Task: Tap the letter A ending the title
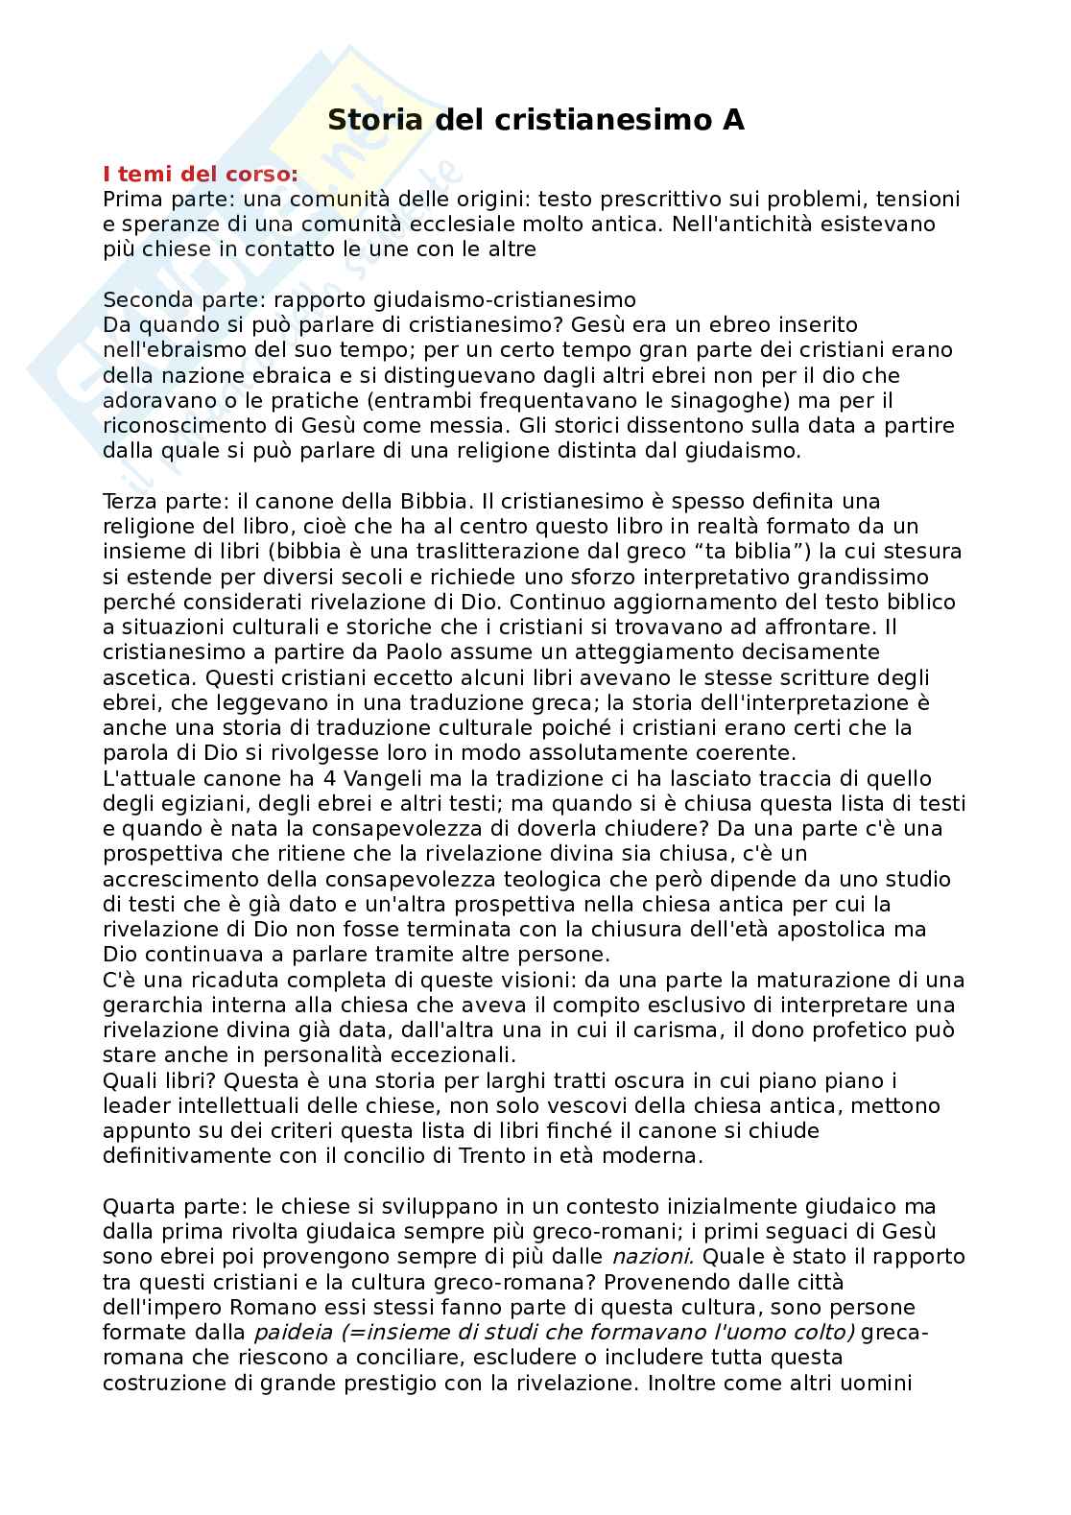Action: click(732, 120)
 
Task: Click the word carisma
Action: click(644, 1030)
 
